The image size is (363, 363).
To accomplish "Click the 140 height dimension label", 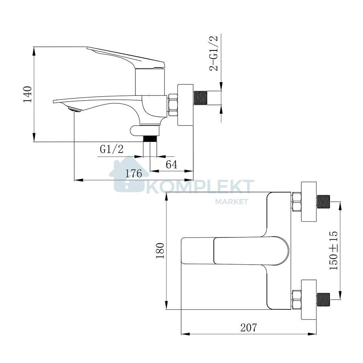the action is tap(27, 94).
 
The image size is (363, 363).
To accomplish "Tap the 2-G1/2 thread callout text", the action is tap(213, 53).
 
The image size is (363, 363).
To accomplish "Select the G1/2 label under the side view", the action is tap(111, 150).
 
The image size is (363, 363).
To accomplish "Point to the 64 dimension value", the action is tap(172, 164).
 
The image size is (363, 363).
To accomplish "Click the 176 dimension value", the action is tap(134, 174).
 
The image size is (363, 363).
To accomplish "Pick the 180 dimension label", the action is tap(160, 251).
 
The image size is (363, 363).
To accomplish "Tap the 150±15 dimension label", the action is tap(334, 250).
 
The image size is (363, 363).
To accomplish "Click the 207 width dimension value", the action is tap(249, 327).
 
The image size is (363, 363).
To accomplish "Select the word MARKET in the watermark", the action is tap(232, 201).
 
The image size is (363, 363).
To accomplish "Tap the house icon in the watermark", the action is tap(129, 174).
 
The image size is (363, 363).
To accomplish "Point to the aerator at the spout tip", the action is tap(74, 109).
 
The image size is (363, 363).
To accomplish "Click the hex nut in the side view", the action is tap(172, 105).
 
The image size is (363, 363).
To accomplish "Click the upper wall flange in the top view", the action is tap(308, 202).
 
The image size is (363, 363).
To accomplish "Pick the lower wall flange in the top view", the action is tap(308, 300).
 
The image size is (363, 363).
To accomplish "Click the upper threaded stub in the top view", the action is tap(323, 202).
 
